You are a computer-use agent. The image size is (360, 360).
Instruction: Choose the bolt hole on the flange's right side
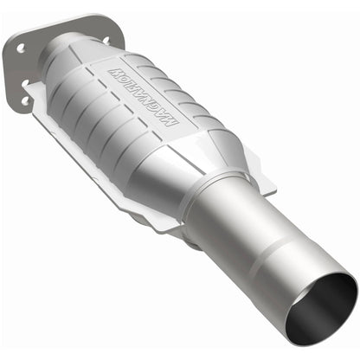point(105,39)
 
